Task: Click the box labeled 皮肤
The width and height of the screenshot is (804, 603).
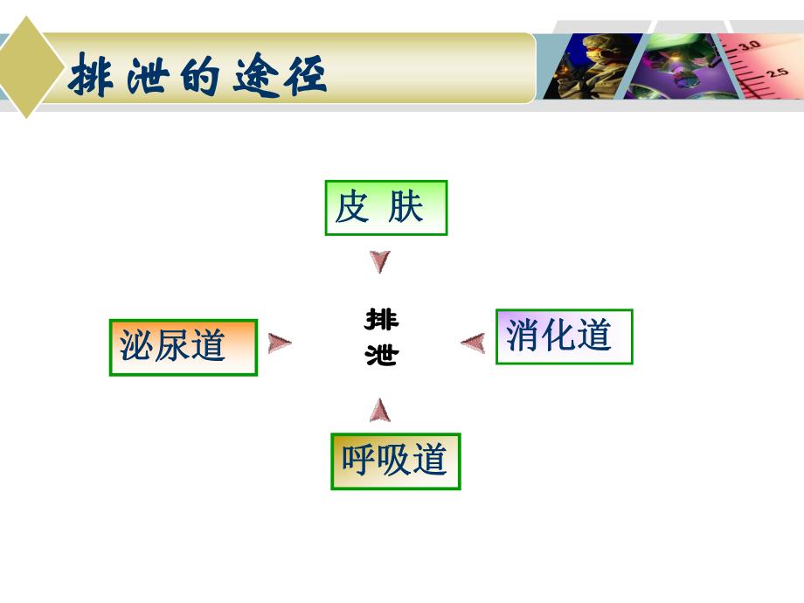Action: [x=385, y=208]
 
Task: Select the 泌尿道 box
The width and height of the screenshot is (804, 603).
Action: [x=183, y=347]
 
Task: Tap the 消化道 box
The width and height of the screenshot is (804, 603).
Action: [x=564, y=336]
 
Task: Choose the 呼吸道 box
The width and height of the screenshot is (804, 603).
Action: [x=395, y=461]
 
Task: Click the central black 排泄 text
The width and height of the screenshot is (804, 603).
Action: [x=381, y=337]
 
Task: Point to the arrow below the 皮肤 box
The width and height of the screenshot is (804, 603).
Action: [x=380, y=261]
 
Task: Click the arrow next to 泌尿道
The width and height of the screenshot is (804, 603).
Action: [x=280, y=343]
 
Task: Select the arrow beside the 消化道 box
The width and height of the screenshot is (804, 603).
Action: [x=473, y=343]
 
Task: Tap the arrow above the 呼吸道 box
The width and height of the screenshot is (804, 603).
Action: [x=380, y=409]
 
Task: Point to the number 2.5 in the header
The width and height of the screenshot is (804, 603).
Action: [x=777, y=73]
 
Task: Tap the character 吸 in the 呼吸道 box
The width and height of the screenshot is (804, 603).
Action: [x=394, y=461]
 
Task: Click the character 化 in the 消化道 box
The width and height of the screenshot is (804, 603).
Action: [x=564, y=336]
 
